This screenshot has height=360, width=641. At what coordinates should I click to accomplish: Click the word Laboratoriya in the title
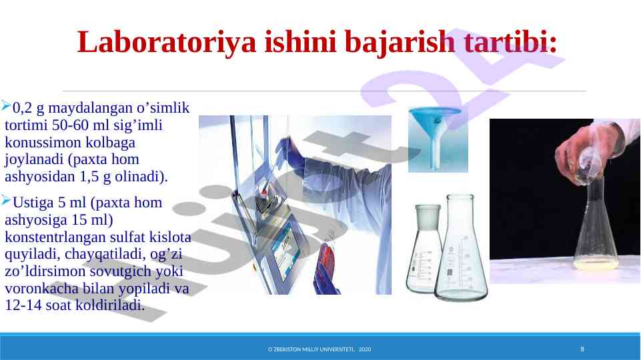click(x=167, y=42)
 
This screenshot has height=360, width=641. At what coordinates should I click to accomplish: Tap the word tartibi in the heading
click(x=510, y=41)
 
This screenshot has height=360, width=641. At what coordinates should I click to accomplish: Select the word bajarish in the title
click(x=400, y=42)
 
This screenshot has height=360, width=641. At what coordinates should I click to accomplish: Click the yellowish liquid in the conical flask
click(x=596, y=265)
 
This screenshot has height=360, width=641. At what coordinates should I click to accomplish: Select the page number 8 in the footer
click(x=582, y=349)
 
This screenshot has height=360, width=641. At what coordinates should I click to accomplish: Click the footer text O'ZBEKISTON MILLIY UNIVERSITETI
click(x=311, y=349)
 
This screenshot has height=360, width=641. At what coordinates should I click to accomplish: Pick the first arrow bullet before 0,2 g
click(x=6, y=106)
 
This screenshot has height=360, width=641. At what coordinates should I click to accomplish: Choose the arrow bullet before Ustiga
click(x=6, y=200)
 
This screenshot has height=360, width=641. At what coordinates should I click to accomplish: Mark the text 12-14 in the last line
click(x=23, y=305)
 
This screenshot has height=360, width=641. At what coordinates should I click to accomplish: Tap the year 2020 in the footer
click(x=365, y=349)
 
